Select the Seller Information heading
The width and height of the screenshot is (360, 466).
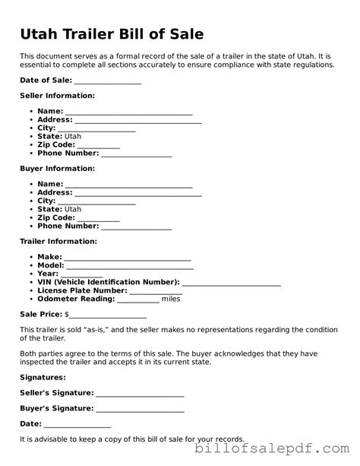[x=57, y=96]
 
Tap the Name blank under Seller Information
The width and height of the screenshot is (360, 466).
[x=128, y=111]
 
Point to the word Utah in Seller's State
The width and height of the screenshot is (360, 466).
[x=73, y=137]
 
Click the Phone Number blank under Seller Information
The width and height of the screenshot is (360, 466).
[x=137, y=154]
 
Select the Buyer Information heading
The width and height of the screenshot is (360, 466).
[x=57, y=168]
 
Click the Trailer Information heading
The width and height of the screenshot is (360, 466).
[x=58, y=241]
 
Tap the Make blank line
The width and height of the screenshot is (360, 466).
[x=128, y=257]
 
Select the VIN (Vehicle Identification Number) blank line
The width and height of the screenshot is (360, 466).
[x=232, y=282]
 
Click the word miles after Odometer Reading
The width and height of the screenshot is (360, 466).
[x=171, y=299]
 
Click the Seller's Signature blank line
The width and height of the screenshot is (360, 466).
[x=141, y=393]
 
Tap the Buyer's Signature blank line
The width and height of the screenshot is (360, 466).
[x=141, y=409]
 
